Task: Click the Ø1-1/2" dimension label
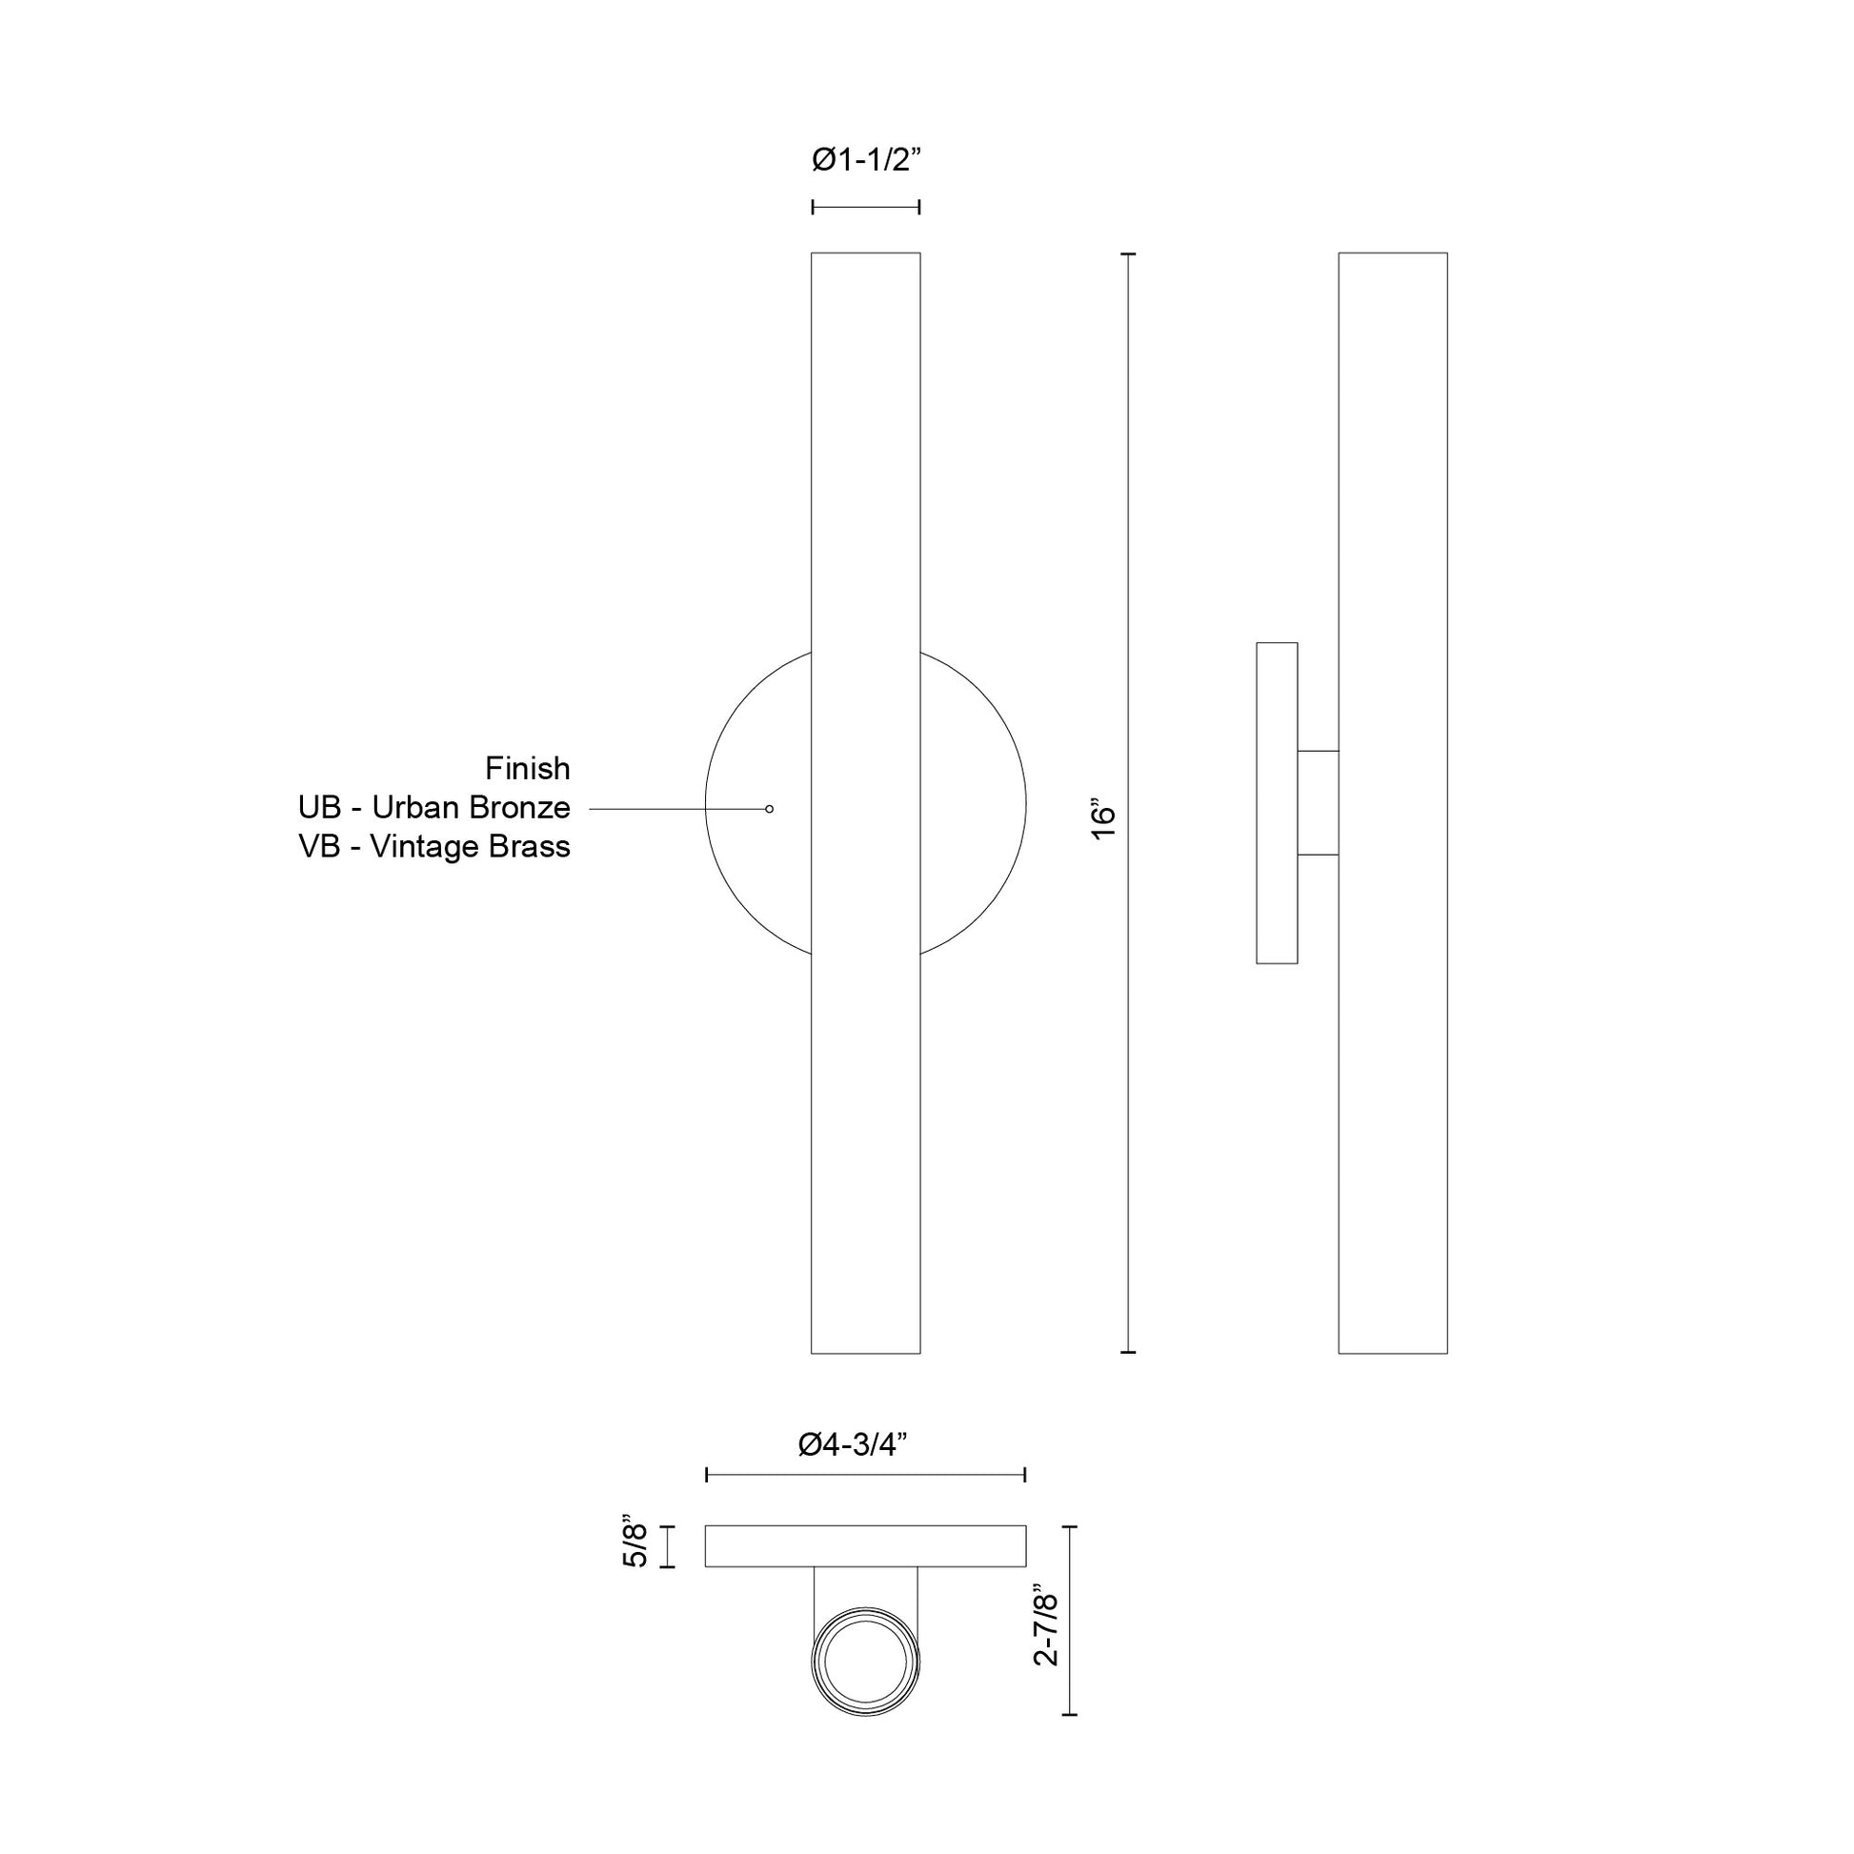pos(866,160)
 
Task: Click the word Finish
pos(527,769)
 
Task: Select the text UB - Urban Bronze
pos(433,808)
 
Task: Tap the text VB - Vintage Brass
pos(433,847)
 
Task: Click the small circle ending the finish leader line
pos(770,809)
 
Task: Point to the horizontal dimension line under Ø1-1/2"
pos(866,207)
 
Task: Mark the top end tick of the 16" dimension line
pos(1129,254)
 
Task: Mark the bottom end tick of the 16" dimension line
pos(1129,1352)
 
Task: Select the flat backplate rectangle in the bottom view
pos(866,1546)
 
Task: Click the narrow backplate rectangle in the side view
pos(1277,803)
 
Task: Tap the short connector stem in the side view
pos(1318,802)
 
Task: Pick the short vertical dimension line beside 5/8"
pos(668,1546)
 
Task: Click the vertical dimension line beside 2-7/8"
pos(1071,1633)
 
